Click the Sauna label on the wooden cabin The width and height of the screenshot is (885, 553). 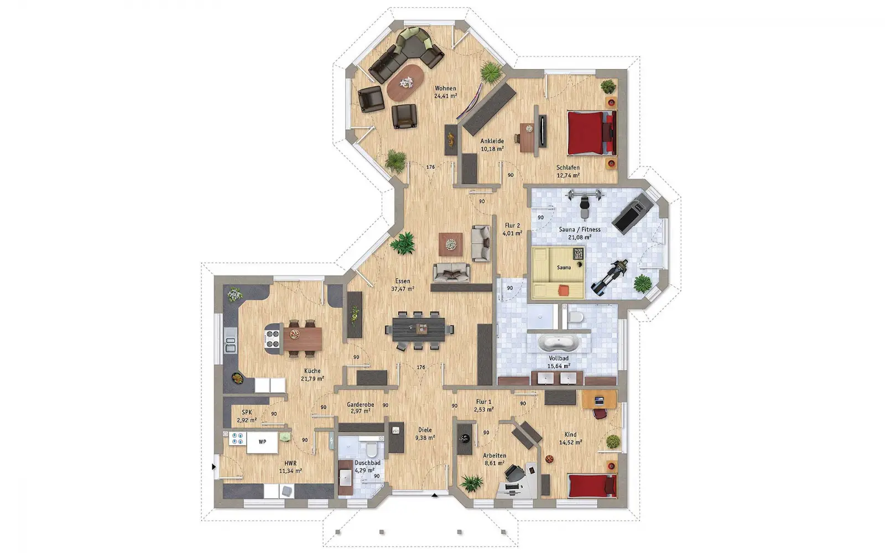564,268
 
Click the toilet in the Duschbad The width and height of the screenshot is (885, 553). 372,449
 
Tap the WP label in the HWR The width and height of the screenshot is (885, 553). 262,442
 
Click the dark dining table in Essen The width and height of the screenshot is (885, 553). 418,330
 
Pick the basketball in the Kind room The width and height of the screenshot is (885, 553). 549,459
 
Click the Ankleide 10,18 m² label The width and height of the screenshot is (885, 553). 492,145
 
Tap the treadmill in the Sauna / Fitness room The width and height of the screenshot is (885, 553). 631,213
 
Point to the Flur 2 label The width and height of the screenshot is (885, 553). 512,226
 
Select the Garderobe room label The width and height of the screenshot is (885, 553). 360,404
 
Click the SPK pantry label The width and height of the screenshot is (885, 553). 247,413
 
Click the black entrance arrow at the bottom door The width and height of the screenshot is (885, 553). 435,495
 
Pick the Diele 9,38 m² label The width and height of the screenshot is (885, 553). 425,434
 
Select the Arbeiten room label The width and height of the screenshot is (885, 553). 494,456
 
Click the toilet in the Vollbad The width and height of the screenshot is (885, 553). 576,317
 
